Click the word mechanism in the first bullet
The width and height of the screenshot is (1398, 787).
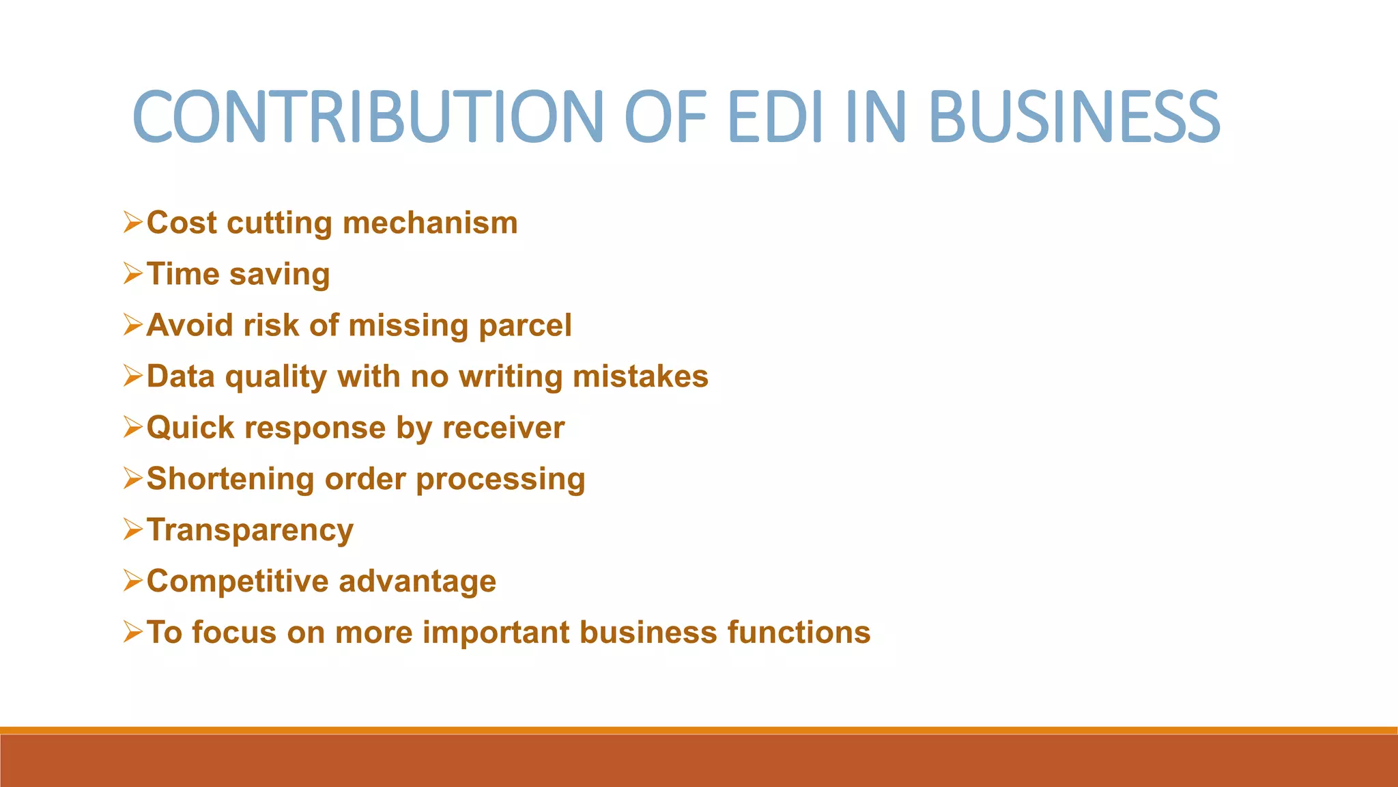coord(430,223)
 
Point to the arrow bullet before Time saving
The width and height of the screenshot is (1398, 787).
coord(132,273)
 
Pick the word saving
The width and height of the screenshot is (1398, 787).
coord(280,275)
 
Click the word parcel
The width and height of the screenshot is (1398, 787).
coord(525,326)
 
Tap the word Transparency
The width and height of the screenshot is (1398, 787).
coord(250,531)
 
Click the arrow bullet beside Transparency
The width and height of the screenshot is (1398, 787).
coord(132,529)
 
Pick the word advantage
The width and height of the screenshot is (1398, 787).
coord(417,582)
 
